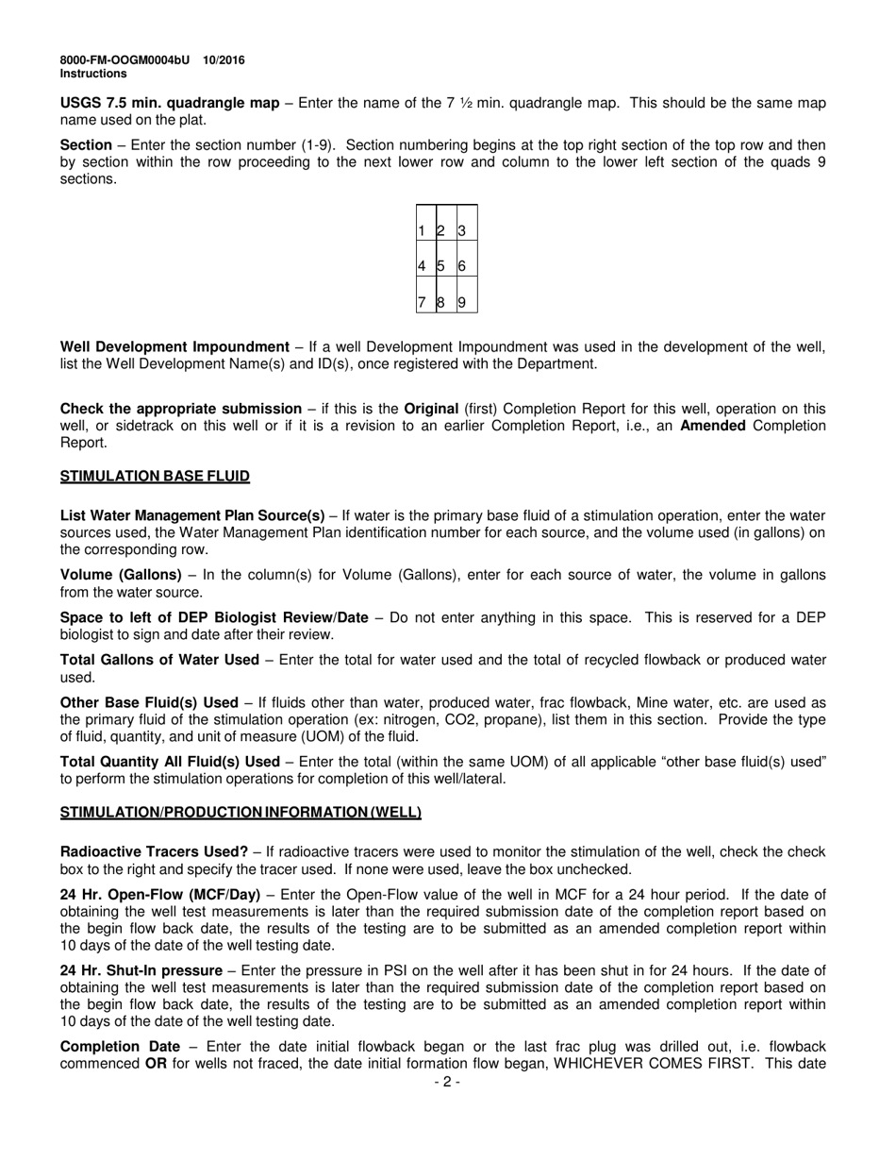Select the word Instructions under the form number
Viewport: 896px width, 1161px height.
(x=93, y=74)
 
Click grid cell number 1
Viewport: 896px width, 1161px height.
(x=422, y=231)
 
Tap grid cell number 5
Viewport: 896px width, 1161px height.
(x=440, y=266)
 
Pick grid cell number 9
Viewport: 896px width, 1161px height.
(x=462, y=302)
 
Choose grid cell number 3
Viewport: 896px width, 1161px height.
(x=462, y=231)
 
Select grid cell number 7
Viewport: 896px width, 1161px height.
(x=422, y=302)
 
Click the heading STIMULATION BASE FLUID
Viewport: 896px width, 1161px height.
(x=155, y=477)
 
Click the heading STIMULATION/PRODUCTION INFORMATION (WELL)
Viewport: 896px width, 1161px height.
(x=241, y=813)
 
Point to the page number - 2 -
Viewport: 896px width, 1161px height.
(x=447, y=1083)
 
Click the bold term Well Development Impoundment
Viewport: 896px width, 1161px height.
(x=174, y=347)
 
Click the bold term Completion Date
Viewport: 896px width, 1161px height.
(x=120, y=1047)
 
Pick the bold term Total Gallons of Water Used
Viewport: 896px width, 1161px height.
(x=159, y=660)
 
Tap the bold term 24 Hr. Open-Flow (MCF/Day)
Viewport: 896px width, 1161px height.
(x=160, y=895)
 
